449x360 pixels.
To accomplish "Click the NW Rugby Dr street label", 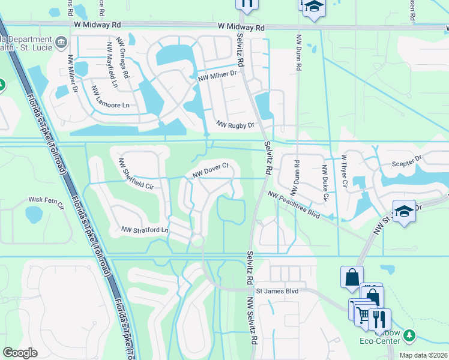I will [235, 125].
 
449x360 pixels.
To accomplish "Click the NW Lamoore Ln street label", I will [110, 97].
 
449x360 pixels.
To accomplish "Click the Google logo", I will [20, 353].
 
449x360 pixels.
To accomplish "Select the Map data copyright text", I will [424, 355].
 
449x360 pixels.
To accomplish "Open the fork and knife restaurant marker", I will [379, 319].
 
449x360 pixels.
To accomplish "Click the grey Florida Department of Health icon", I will [61, 42].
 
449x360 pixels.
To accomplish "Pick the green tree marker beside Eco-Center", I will [409, 335].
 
